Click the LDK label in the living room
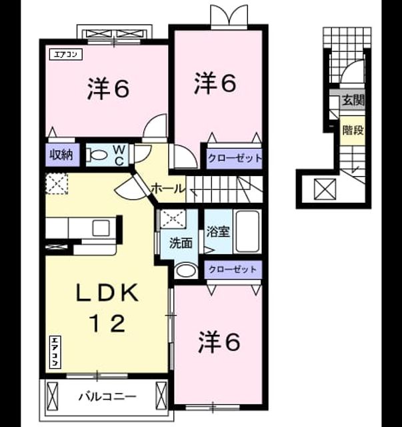coord(107,293)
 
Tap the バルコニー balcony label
coord(107,396)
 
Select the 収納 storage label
coord(62,155)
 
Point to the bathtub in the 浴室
coord(247,232)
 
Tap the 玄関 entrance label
coord(353,100)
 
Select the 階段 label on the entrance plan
coord(353,130)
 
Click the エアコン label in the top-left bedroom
coord(66,55)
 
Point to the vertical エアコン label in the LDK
coord(55,352)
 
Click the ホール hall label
coord(168,188)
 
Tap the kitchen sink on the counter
coord(101,228)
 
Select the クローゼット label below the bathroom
coord(233,270)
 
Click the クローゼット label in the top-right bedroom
coord(235,158)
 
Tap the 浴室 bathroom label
coord(218,232)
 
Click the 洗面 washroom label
coord(181,243)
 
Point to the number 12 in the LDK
coord(108,324)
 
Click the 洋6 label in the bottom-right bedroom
coord(219,342)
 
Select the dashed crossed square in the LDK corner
coord(57,183)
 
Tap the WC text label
coord(119,155)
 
